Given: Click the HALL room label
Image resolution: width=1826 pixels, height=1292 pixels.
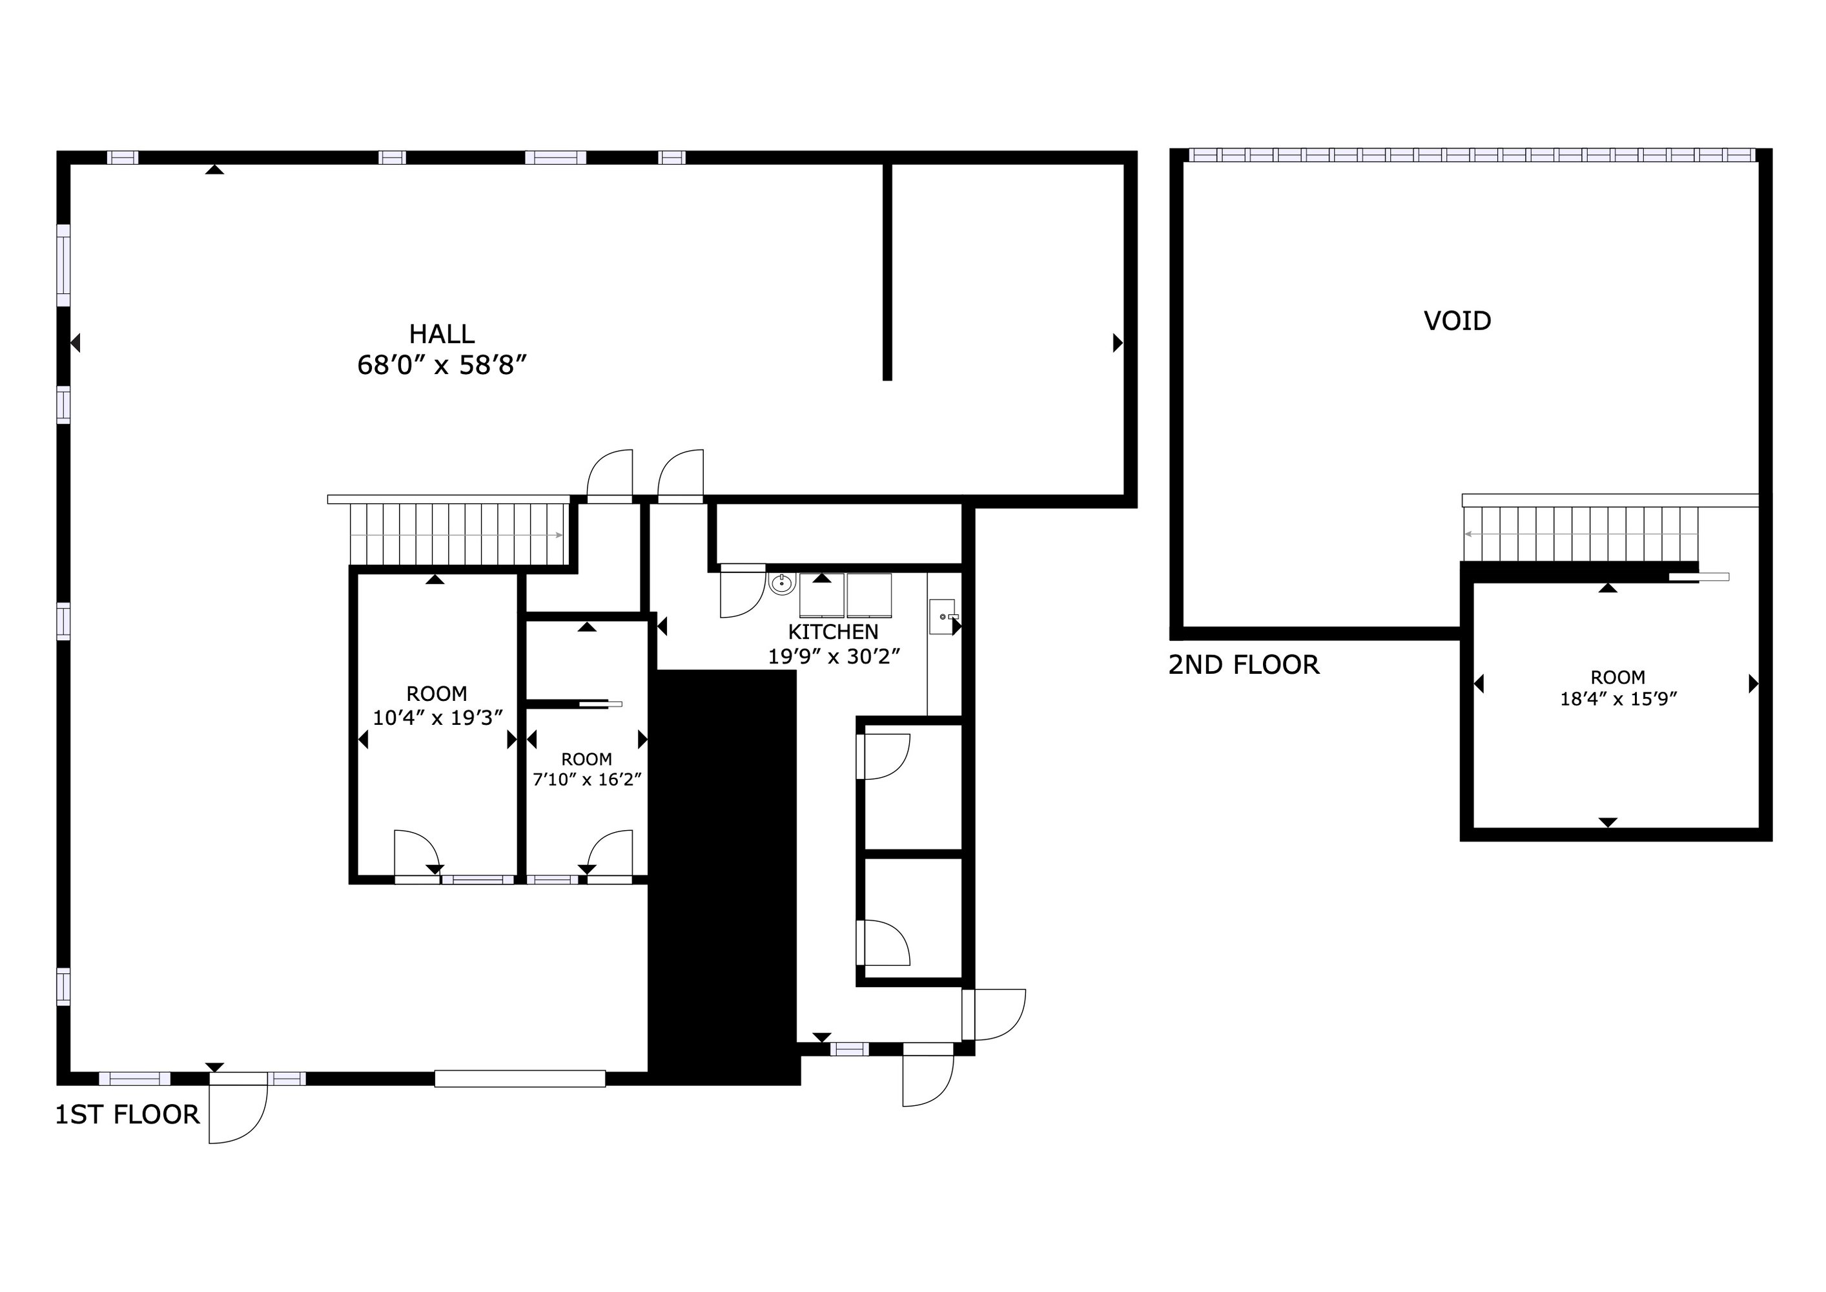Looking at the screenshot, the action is pyautogui.click(x=442, y=333).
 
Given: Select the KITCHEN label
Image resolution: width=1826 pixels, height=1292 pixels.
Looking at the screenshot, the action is pyautogui.click(x=833, y=632).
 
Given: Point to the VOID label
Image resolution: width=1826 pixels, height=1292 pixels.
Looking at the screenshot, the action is pyautogui.click(x=1457, y=320).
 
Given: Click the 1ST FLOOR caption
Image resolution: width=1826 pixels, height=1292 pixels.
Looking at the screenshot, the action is pyautogui.click(x=127, y=1114).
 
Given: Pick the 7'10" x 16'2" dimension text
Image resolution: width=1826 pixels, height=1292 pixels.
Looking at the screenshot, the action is pyautogui.click(x=587, y=779).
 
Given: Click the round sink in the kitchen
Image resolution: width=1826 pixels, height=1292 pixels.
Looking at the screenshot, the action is pyautogui.click(x=783, y=583).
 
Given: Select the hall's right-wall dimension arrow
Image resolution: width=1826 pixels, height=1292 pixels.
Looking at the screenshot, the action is pyautogui.click(x=1118, y=343).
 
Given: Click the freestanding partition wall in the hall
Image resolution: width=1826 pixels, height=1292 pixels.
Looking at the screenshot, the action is pyautogui.click(x=888, y=272).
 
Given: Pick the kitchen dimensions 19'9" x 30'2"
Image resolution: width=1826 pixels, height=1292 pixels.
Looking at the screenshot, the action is pyautogui.click(x=834, y=657).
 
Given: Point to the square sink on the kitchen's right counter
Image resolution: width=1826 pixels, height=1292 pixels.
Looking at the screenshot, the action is pyautogui.click(x=943, y=616).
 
